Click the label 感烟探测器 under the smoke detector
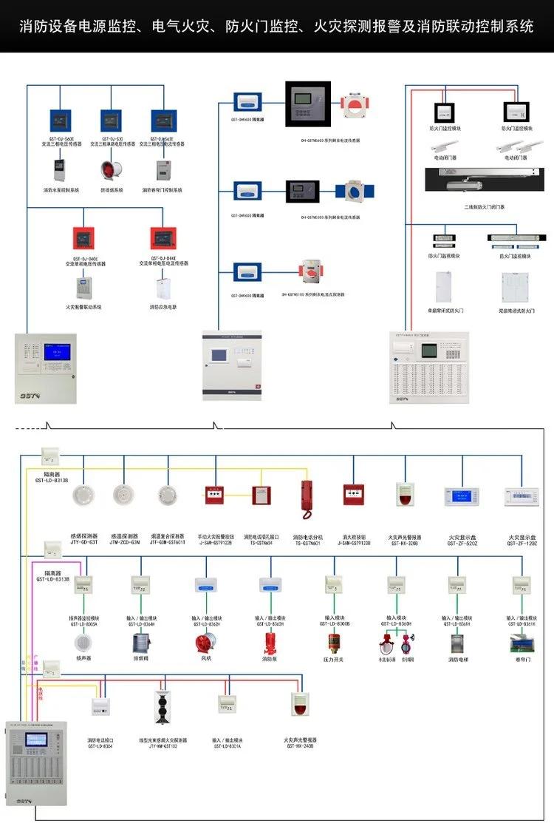(83, 536)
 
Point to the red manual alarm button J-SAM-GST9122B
(215, 495)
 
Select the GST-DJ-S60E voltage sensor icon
(60, 121)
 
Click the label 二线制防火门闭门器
(484, 207)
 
